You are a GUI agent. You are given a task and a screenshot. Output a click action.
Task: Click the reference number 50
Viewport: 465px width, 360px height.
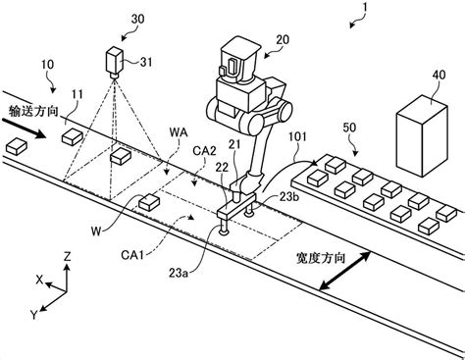[x=350, y=129]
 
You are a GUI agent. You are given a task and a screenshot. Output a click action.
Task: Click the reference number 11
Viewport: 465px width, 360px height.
[x=76, y=94]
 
